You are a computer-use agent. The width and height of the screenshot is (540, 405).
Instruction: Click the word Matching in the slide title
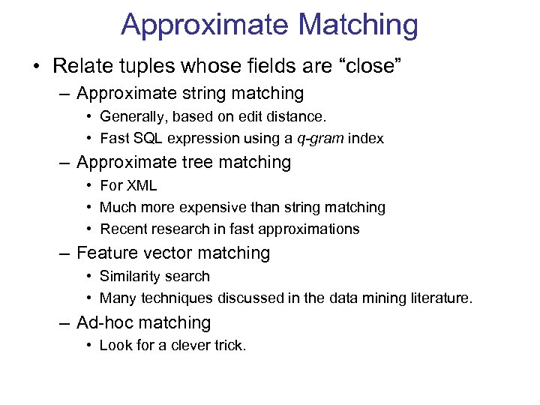coord(358,24)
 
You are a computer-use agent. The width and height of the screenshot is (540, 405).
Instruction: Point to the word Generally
coord(131,117)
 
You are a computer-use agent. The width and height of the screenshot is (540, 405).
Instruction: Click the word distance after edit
coord(299,117)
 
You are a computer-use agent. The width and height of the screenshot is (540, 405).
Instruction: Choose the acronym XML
coord(141,185)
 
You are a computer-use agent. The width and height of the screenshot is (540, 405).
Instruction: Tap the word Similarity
coord(130,277)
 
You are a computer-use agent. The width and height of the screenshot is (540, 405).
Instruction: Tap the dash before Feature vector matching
coord(66,253)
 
